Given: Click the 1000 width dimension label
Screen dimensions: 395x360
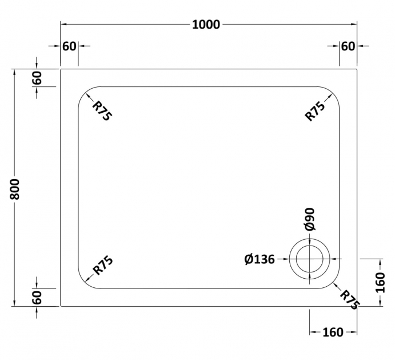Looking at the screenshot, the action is (206, 25).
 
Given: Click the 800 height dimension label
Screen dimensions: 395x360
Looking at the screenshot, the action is (15, 189).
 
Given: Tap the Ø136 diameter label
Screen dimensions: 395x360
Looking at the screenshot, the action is (260, 259).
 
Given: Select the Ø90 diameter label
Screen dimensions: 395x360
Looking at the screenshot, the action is (310, 219).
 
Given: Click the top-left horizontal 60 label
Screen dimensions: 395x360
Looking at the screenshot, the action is (69, 46).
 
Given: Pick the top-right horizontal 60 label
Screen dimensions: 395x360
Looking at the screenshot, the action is (348, 46).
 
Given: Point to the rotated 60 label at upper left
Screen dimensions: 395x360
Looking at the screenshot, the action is (37, 78).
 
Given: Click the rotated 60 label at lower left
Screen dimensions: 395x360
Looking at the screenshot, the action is (37, 298).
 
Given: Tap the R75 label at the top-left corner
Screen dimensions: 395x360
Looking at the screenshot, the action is (102, 111).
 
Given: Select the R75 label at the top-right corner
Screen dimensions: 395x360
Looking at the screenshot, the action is (315, 111).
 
